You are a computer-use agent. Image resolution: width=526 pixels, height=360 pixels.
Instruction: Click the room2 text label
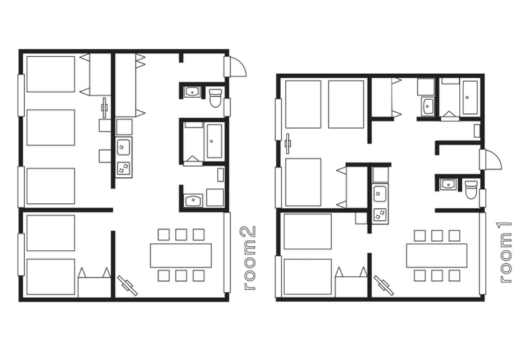pos(250,257)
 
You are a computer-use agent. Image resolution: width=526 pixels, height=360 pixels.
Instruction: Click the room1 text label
pos(506,252)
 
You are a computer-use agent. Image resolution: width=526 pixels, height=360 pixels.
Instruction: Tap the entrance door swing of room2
pos(238,66)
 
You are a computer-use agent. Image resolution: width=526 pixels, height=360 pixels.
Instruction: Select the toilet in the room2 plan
pos(215,97)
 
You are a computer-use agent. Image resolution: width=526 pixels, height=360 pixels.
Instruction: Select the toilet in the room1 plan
pos(471,190)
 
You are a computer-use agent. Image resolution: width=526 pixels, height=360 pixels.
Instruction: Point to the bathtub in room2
pos(214,141)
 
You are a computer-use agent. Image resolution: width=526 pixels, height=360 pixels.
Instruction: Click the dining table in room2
pos(181,256)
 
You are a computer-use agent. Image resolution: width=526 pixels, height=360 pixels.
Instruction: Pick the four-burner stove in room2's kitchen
pos(124,169)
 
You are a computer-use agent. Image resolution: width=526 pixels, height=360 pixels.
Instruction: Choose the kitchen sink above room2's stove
pos(124,147)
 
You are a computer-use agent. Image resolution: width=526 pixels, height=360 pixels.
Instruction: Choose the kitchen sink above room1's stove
pos(380,194)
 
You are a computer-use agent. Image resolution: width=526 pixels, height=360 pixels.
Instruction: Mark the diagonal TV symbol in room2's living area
pos(127,286)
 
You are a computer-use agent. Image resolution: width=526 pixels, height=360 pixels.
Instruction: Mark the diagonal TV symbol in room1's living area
pos(384,286)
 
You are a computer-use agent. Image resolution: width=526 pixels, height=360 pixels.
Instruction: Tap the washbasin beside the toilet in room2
pos(192,92)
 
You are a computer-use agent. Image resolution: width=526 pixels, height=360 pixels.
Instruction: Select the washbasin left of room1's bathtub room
pos(428,106)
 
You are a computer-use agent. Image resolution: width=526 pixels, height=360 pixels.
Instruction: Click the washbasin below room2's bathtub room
pos(193,200)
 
